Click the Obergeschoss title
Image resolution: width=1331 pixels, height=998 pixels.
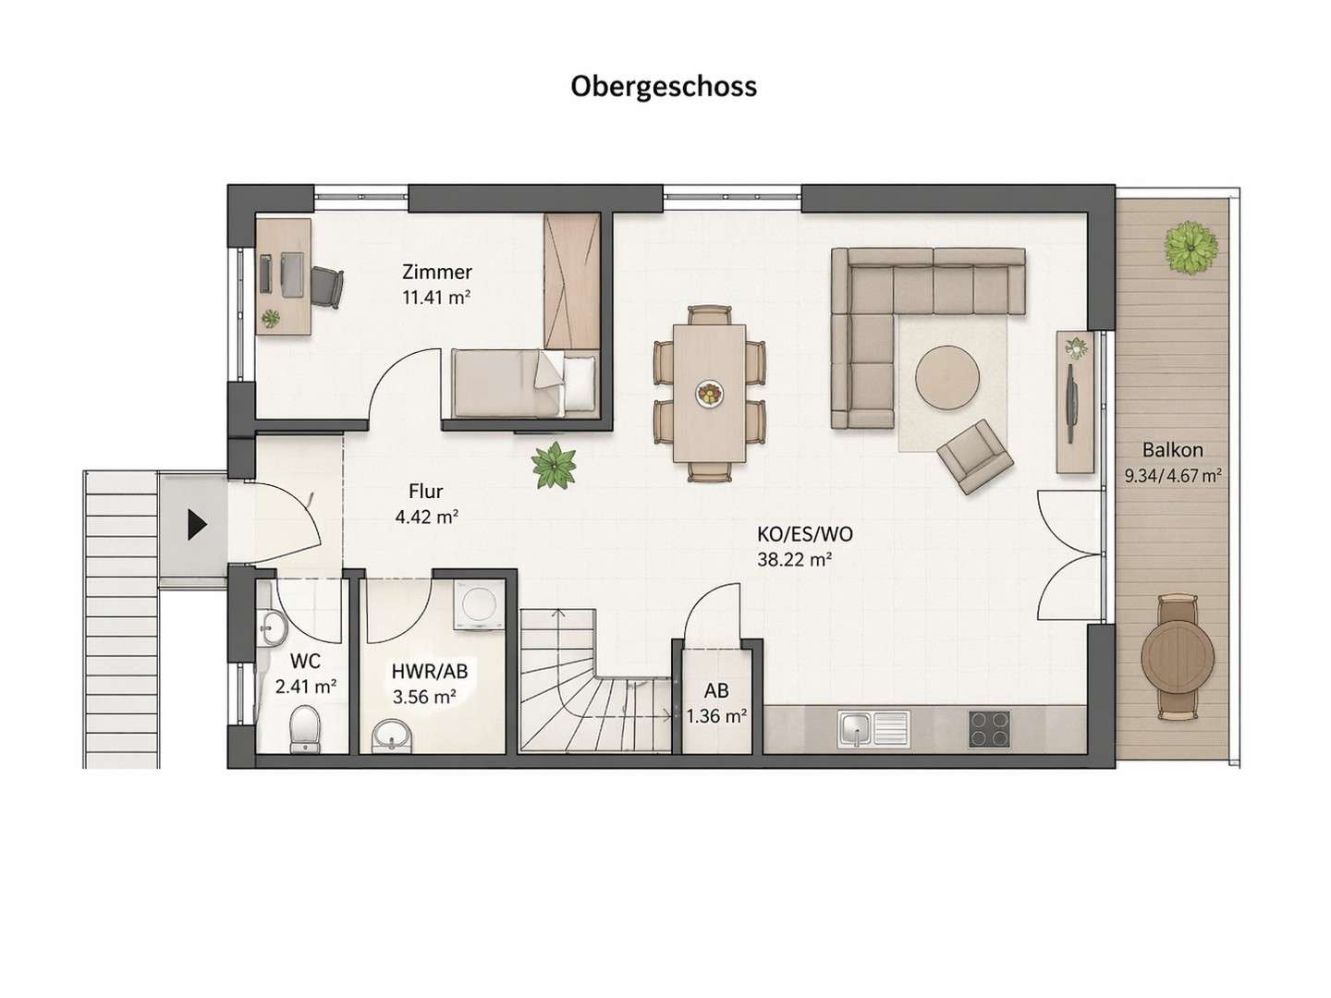(x=664, y=86)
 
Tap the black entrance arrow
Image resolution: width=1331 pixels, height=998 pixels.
(x=196, y=525)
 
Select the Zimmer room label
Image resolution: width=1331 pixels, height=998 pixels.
(x=436, y=272)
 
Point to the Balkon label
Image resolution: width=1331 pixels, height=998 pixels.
(x=1172, y=450)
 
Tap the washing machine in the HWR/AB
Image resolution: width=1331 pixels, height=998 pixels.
(x=480, y=605)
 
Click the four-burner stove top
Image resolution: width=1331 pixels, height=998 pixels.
(x=990, y=728)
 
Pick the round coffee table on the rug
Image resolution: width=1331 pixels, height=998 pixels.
(x=947, y=376)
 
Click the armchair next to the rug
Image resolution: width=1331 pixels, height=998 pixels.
(x=974, y=456)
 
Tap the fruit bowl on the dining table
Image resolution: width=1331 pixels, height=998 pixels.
(x=709, y=394)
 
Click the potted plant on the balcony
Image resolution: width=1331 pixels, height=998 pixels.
(x=1190, y=247)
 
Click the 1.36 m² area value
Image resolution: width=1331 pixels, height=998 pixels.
(x=716, y=715)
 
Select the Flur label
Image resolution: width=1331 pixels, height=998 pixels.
(x=426, y=492)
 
